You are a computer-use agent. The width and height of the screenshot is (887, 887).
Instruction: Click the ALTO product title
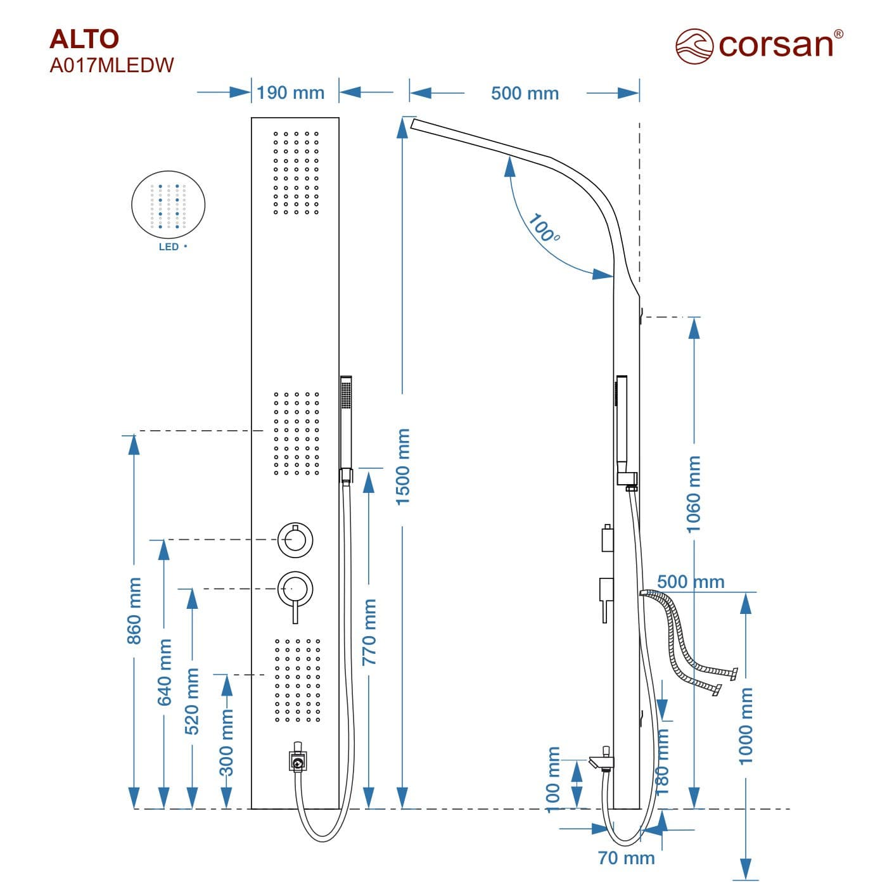(84, 39)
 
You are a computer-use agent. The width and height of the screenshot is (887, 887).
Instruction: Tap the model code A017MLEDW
(112, 65)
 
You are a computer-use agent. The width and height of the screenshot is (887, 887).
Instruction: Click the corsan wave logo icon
(694, 46)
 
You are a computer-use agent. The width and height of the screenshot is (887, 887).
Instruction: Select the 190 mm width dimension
(290, 93)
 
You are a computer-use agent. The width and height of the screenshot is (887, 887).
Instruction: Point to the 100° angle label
(543, 228)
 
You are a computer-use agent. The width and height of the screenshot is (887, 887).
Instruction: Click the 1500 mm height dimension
(403, 466)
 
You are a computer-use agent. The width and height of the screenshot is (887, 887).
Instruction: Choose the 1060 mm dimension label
(694, 494)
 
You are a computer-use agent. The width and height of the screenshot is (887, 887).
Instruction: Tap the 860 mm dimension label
(134, 611)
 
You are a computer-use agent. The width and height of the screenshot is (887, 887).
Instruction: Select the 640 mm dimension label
(164, 672)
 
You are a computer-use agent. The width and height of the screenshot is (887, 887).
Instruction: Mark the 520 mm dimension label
(192, 701)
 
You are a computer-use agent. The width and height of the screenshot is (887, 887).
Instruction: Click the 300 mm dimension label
(226, 743)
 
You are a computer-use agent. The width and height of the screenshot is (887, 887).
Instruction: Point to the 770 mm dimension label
(369, 632)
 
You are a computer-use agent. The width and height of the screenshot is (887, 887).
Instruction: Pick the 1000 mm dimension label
(746, 726)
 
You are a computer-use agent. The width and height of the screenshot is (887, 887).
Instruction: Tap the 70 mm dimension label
(626, 858)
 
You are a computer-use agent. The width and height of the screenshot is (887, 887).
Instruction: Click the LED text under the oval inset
(169, 246)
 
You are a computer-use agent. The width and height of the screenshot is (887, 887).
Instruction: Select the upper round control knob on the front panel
(295, 540)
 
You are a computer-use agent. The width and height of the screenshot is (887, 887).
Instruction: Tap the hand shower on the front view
(346, 421)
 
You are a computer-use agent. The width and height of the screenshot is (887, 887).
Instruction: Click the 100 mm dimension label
(552, 777)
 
